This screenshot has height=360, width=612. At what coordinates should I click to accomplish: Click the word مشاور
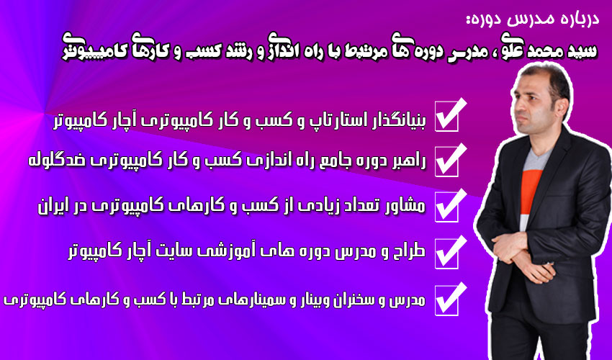[405, 206]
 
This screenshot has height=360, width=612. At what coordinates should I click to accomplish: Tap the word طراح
[410, 251]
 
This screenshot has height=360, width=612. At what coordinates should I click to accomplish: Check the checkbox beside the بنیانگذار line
[447, 117]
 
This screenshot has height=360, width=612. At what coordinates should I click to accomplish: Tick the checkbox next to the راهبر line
[447, 162]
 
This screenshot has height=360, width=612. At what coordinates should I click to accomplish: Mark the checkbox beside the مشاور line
[447, 207]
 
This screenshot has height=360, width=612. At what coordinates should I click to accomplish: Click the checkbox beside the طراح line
[447, 253]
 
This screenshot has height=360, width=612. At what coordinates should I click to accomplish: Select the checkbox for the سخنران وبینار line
[447, 300]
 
